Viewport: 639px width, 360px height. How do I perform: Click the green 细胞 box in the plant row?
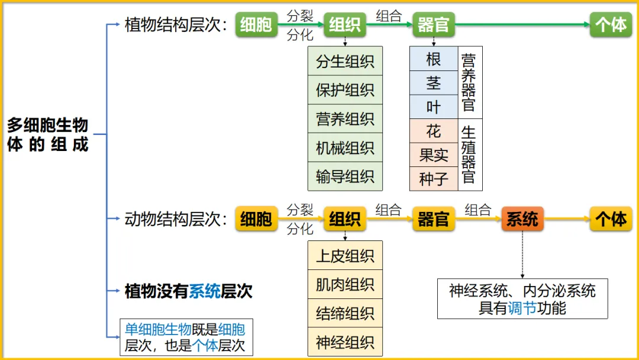pos(256,25)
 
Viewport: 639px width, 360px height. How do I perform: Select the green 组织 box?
pos(345,25)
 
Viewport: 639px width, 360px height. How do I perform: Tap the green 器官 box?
pos(434,25)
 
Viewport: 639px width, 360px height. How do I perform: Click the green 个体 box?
pos(611,25)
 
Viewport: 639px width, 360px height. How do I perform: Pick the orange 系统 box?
pos(522,219)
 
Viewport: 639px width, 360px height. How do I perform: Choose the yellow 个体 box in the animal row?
pos(611,219)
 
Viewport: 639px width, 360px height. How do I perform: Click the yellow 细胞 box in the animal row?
pos(256,219)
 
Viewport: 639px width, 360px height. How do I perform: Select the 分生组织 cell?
pos(345,61)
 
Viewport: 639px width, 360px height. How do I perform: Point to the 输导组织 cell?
pos(345,176)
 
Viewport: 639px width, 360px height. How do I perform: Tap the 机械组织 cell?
pos(345,147)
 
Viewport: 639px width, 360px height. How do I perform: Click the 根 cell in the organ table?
pos(434,59)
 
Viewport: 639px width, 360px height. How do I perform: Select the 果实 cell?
pos(434,155)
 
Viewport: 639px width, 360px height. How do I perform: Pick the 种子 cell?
pos(434,179)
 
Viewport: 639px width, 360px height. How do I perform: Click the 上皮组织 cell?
pos(345,256)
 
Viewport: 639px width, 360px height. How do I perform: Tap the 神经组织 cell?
pos(345,342)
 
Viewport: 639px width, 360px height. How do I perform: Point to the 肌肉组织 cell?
pos(345,285)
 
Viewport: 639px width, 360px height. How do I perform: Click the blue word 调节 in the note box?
pos(522,308)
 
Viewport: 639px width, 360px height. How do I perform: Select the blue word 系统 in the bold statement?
pos(205,291)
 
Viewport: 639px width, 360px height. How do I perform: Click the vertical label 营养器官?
pos(469,82)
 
